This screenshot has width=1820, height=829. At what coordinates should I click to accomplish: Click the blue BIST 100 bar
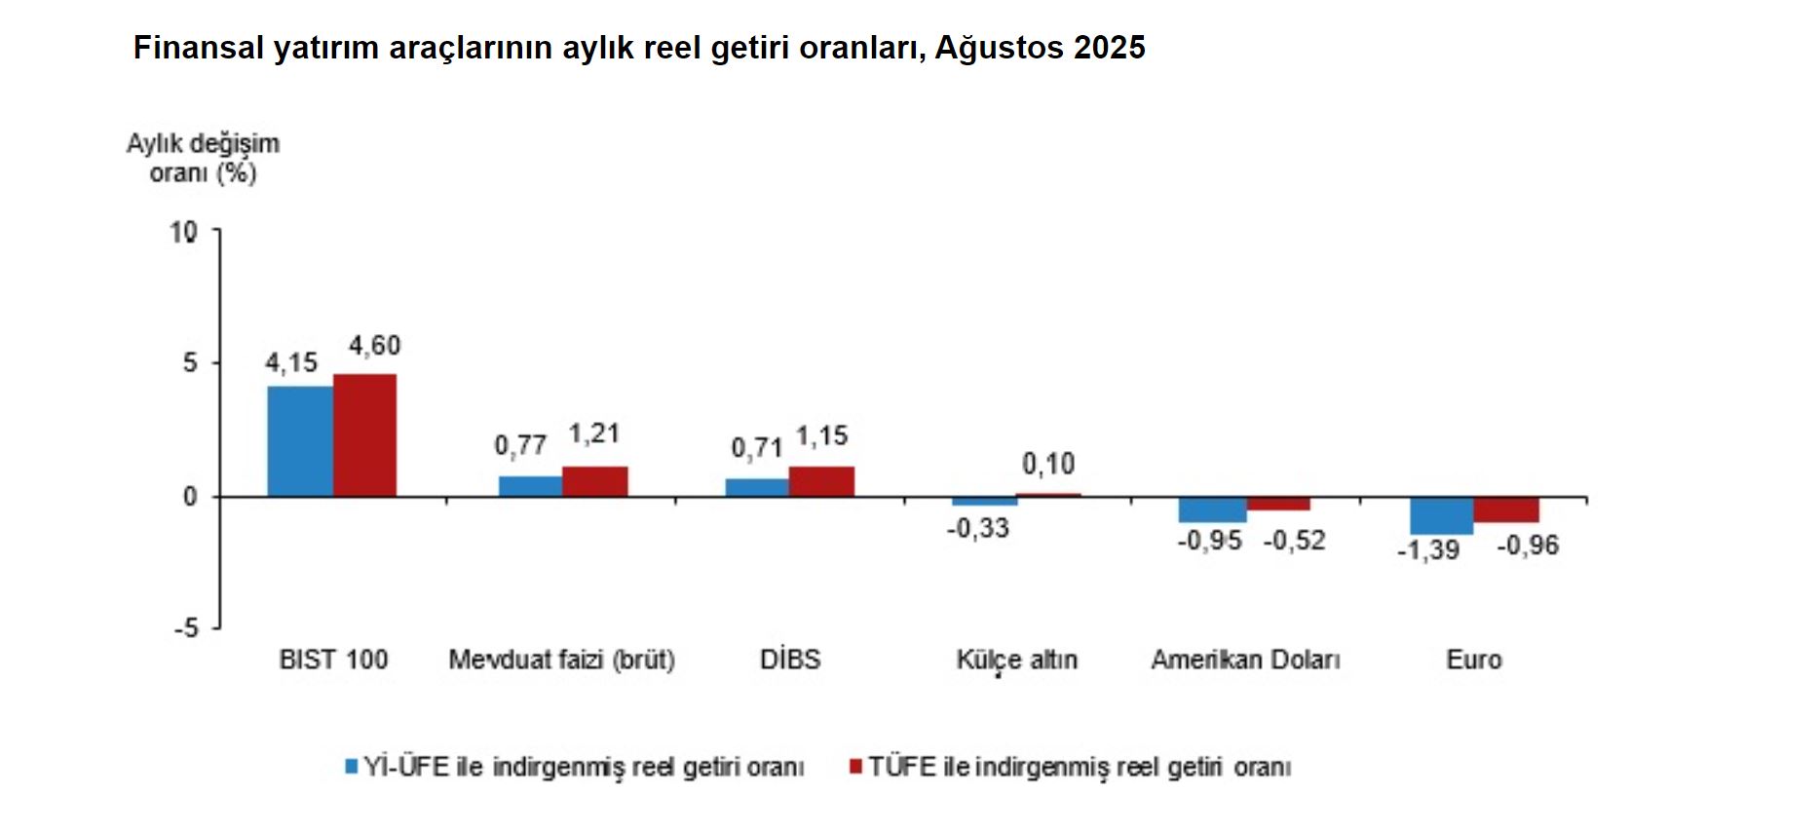pyautogui.click(x=300, y=441)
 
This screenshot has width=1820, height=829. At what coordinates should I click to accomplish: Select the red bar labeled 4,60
pyautogui.click(x=365, y=435)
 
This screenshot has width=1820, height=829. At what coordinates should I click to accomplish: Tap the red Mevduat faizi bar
pyautogui.click(x=595, y=481)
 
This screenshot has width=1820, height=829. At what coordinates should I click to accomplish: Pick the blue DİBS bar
pyautogui.click(x=757, y=487)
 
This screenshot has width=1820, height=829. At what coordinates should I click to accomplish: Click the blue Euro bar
pyautogui.click(x=1442, y=515)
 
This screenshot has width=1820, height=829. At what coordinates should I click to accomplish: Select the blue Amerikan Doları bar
pyautogui.click(x=1212, y=509)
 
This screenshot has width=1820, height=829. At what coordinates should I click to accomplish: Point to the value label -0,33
pyautogui.click(x=978, y=529)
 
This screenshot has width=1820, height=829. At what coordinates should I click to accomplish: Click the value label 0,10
pyautogui.click(x=1048, y=464)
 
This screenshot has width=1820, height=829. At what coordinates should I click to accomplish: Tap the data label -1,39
pyautogui.click(x=1428, y=550)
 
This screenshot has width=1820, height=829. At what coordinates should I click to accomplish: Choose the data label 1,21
pyautogui.click(x=593, y=433)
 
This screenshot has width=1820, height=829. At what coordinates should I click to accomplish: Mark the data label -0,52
pyautogui.click(x=1295, y=541)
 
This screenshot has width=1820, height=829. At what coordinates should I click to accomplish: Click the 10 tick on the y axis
pyautogui.click(x=183, y=232)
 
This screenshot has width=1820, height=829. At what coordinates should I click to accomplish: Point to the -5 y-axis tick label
pyautogui.click(x=186, y=628)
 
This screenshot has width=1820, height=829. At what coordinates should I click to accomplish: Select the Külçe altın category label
pyautogui.click(x=1016, y=660)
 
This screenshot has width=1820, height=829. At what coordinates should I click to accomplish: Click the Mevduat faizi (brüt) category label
pyautogui.click(x=561, y=660)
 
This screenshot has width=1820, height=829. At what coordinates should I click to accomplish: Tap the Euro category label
pyautogui.click(x=1473, y=660)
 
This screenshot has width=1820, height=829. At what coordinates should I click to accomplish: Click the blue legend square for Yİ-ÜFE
pyautogui.click(x=352, y=767)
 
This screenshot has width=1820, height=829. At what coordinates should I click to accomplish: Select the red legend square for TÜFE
pyautogui.click(x=856, y=767)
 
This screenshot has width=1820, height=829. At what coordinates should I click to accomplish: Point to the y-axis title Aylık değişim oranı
pyautogui.click(x=203, y=158)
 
